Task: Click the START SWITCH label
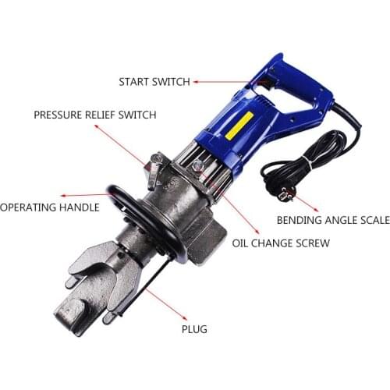(x=154, y=81)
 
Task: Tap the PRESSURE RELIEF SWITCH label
(x=95, y=115)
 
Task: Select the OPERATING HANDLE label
(x=50, y=207)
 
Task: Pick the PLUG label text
(x=195, y=329)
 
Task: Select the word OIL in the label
(x=242, y=243)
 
